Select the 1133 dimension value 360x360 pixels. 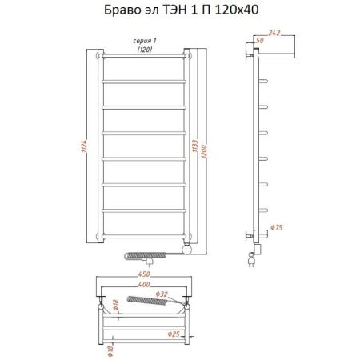pyautogui.click(x=194, y=147)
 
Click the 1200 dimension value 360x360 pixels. pyautogui.click(x=206, y=147)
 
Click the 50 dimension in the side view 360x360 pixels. pyautogui.click(x=261, y=39)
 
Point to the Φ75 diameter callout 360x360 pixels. pyautogui.click(x=277, y=226)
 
